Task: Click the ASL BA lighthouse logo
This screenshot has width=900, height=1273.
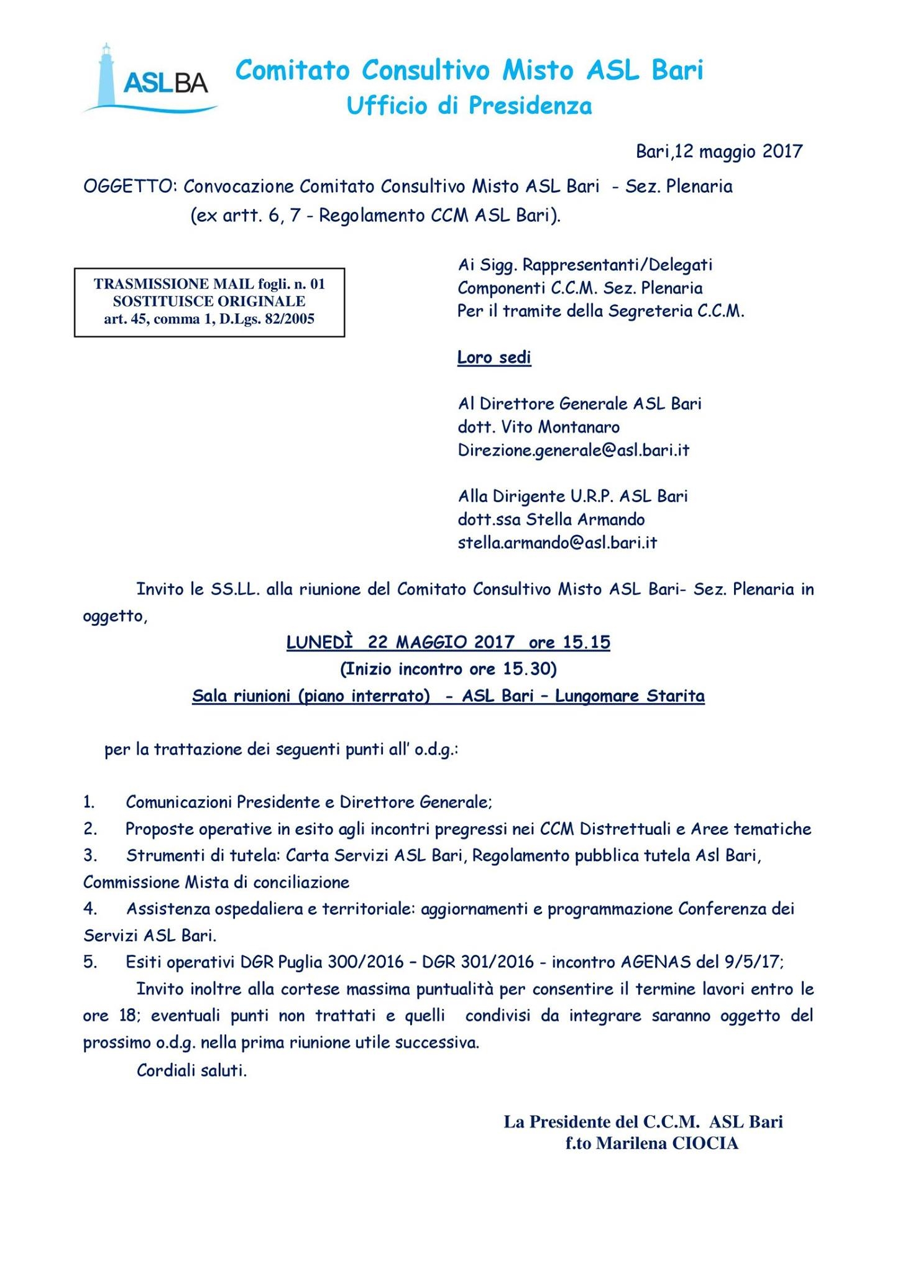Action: [151, 80]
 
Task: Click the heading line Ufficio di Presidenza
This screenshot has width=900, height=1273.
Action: [469, 106]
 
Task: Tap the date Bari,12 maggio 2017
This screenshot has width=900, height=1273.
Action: [719, 151]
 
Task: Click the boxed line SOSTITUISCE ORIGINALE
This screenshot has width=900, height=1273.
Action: [209, 302]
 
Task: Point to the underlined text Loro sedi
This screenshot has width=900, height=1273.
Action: [494, 358]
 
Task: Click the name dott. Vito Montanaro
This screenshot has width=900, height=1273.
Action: [538, 428]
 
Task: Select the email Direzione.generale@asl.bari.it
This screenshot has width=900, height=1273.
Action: [573, 451]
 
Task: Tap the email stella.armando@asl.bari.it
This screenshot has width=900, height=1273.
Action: [557, 543]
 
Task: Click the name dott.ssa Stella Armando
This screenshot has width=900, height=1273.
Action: [551, 520]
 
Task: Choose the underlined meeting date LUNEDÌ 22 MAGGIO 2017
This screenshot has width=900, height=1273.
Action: [400, 642]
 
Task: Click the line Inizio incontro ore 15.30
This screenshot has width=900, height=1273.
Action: [448, 669]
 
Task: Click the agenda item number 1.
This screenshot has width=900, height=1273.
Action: [89, 802]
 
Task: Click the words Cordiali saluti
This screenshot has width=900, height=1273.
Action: [191, 1071]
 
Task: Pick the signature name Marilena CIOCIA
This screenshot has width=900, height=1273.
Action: [667, 1144]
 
